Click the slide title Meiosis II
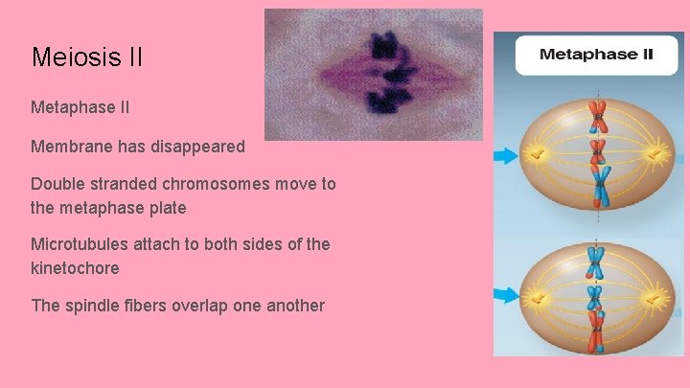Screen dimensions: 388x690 pos(87,57)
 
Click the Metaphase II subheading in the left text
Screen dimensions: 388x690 pos(81,112)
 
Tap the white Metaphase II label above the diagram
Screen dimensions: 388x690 pos(595,54)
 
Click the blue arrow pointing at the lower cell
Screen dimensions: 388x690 pos(505,295)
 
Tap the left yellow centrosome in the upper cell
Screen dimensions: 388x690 pos(539,154)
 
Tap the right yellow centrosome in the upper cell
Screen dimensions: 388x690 pos(656,153)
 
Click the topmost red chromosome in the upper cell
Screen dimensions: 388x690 pos(598,116)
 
